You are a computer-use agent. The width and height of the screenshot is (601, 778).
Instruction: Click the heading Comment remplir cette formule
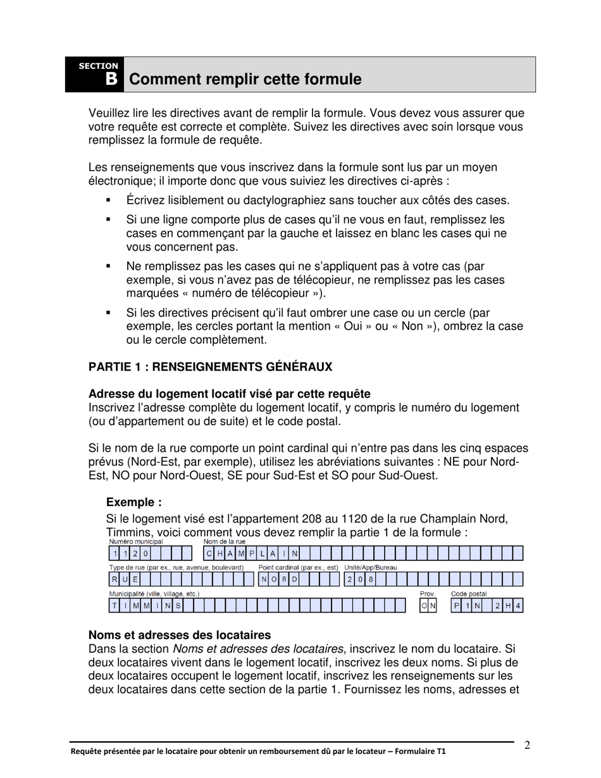coord(245,80)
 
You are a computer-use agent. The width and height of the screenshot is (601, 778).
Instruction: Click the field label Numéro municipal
coord(136,541)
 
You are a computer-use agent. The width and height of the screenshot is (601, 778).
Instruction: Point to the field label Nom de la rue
coord(225,541)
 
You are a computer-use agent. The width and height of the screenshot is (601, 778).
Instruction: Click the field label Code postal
coord(468,594)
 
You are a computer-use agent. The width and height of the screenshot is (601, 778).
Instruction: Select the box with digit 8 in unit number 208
coord(371,580)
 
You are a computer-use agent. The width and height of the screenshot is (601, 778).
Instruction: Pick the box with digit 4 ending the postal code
coord(518,607)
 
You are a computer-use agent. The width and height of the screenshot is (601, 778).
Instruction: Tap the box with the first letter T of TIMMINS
coord(115,607)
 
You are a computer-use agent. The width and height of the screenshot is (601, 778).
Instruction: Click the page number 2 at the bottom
coord(527,745)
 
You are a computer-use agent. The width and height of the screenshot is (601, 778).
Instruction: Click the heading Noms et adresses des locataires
coord(180,634)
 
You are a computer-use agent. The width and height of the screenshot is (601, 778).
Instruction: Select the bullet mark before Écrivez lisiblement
coord(109,201)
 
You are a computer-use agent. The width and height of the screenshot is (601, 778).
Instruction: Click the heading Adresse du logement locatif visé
coord(229,394)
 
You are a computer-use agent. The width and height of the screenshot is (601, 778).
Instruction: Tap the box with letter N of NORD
coord(264,580)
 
